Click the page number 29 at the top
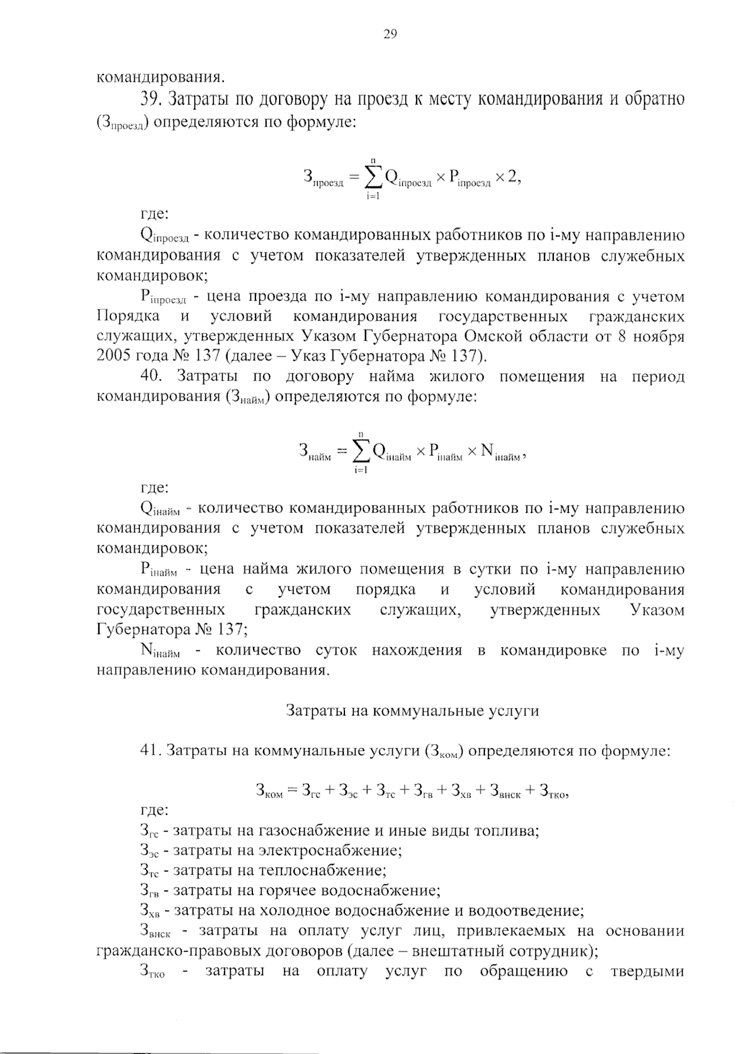(x=390, y=34)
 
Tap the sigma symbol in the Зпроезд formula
(x=372, y=178)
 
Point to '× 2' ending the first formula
(x=507, y=178)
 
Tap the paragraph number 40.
(x=152, y=376)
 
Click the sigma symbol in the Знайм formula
(x=359, y=452)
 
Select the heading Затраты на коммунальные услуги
(x=412, y=711)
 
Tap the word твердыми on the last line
(x=648, y=971)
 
